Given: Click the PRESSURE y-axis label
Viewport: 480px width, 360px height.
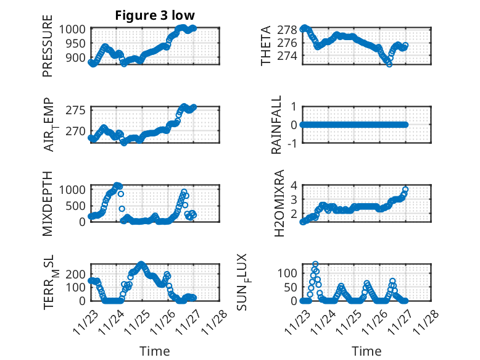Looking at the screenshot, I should [x=48, y=51].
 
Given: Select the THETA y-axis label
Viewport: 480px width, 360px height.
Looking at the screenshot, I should [x=266, y=46].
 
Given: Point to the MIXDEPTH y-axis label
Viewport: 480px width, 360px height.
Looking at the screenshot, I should [x=48, y=203].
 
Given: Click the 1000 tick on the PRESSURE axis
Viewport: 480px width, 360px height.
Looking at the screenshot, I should [x=74, y=29].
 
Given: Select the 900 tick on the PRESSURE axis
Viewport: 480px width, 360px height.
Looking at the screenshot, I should [x=77, y=57].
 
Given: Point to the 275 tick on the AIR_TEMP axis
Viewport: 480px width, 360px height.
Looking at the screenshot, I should [x=77, y=110].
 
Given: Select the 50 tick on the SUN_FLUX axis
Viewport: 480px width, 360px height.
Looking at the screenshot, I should [x=292, y=287].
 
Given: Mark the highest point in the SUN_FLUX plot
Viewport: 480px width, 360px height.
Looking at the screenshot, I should [x=315, y=264].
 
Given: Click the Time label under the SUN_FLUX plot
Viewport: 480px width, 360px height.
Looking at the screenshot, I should [x=366, y=351].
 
